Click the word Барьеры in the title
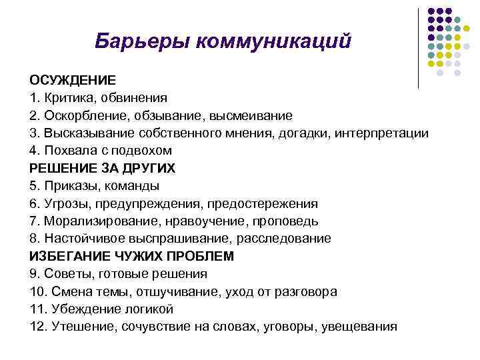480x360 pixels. (136, 41)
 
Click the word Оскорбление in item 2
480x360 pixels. (82, 115)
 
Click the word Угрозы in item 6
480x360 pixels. (63, 203)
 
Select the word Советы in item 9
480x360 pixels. (63, 274)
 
